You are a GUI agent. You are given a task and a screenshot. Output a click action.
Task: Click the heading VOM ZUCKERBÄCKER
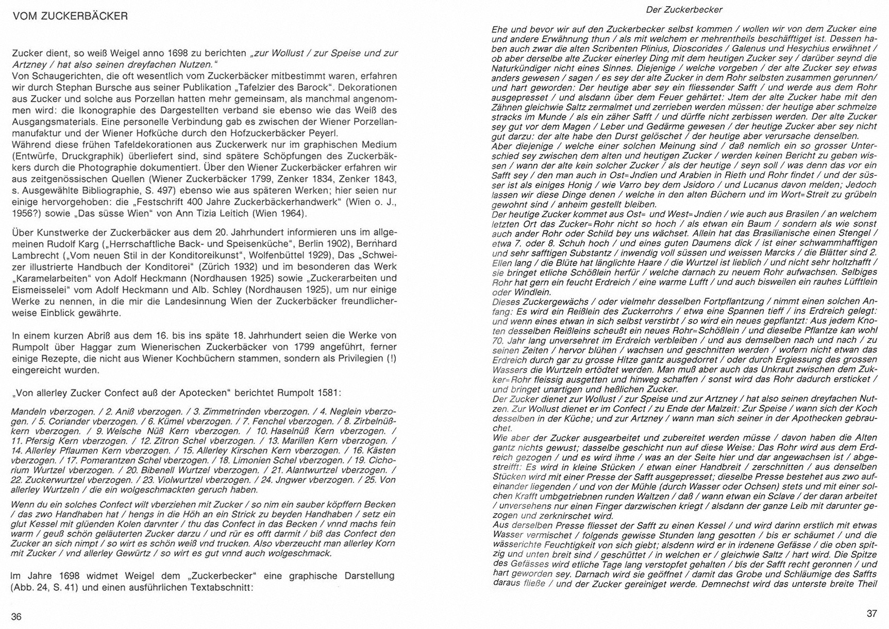(70, 16)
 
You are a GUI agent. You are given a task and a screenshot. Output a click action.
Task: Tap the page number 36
(16, 617)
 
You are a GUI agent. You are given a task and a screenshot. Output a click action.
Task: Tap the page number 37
(871, 614)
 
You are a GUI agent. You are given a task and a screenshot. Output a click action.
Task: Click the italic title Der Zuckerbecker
(683, 10)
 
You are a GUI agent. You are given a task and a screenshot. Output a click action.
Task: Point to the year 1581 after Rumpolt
(330, 393)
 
